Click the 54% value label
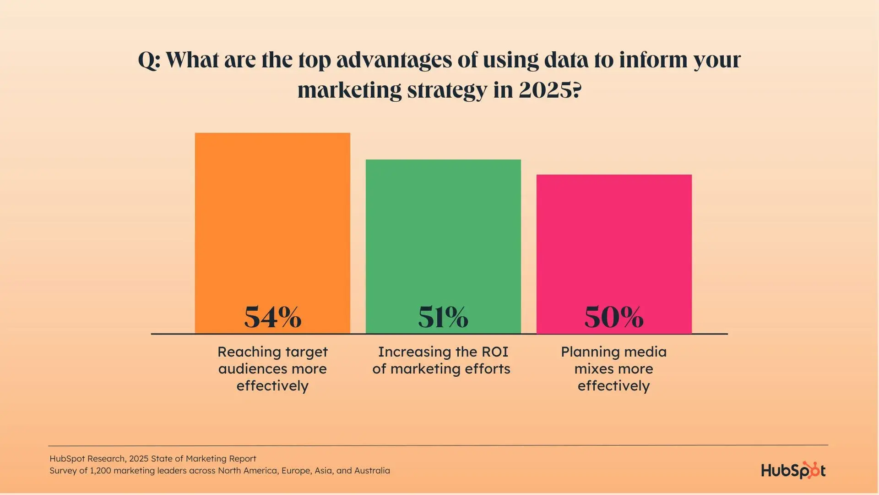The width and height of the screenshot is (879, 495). click(273, 317)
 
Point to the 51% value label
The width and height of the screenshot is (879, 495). click(443, 317)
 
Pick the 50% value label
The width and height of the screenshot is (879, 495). click(614, 317)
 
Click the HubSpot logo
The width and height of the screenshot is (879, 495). click(793, 471)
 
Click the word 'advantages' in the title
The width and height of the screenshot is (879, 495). click(394, 60)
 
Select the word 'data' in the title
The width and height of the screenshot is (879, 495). click(566, 60)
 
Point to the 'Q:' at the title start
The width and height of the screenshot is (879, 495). click(149, 60)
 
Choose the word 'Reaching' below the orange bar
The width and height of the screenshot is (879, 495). click(242, 352)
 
